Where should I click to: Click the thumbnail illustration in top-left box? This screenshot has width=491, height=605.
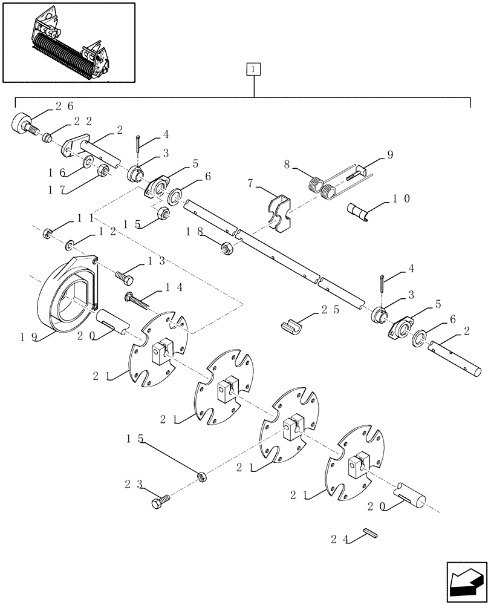(68, 42)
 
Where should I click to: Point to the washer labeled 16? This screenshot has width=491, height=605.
(88, 162)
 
